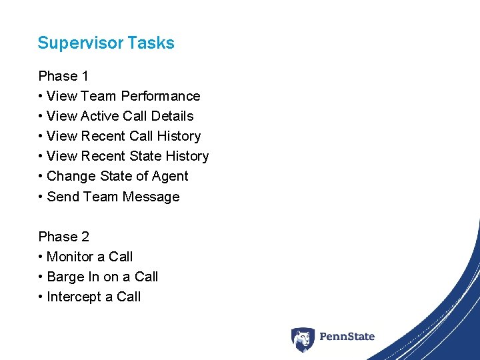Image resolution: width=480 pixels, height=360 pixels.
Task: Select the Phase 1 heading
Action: point(63,76)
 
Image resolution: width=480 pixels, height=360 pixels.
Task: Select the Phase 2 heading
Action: point(63,237)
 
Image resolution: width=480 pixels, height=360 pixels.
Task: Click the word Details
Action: point(172,116)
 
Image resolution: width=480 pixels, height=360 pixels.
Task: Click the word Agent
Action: point(171,176)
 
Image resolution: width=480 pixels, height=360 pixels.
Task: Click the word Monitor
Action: point(71,257)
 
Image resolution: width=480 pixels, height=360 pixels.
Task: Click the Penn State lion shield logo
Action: point(302,339)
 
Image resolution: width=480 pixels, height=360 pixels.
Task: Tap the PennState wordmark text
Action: point(347,337)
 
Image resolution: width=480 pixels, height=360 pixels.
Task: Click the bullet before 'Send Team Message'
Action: point(41,197)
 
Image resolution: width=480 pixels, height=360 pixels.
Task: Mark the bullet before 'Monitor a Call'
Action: point(41,257)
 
